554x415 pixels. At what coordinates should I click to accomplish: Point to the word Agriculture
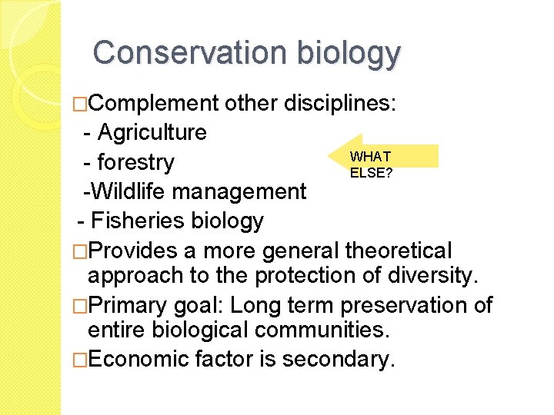pyautogui.click(x=152, y=133)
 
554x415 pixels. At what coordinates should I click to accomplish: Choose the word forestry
pyautogui.click(x=136, y=162)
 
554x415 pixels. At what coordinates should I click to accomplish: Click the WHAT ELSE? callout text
pyautogui.click(x=371, y=164)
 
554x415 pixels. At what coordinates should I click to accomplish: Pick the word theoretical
pyautogui.click(x=399, y=251)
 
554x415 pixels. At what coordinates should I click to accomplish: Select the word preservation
pyautogui.click(x=404, y=305)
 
